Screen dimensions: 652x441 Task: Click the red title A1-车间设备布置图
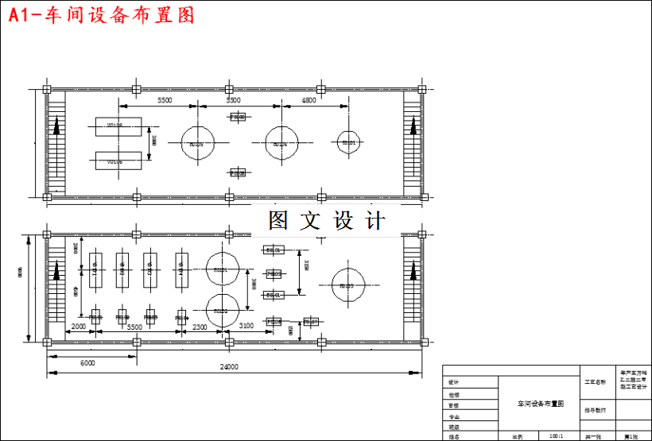(102, 15)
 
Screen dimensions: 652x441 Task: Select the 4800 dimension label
(309, 101)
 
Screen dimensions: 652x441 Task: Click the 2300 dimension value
(200, 327)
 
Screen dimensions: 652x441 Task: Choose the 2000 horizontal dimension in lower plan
(78, 327)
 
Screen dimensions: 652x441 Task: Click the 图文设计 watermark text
(326, 220)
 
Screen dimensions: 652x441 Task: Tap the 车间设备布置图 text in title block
(540, 404)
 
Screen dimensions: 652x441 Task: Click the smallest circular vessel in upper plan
(347, 142)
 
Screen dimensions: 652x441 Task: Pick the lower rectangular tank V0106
(118, 161)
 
